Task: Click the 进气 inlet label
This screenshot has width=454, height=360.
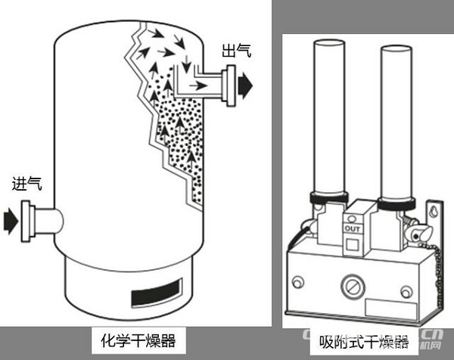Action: click(x=27, y=184)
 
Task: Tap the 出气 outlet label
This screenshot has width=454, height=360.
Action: click(x=237, y=51)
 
